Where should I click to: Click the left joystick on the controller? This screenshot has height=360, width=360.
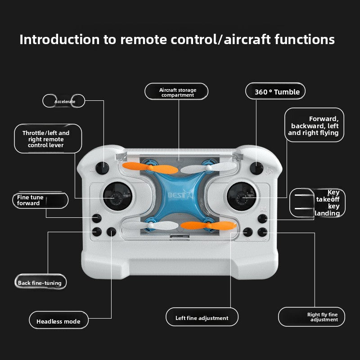click(x=117, y=196)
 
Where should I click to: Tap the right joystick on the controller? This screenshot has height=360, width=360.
click(x=242, y=196)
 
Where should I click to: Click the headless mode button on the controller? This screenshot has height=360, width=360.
click(x=111, y=232)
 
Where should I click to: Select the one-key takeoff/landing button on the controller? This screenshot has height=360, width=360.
click(x=262, y=219)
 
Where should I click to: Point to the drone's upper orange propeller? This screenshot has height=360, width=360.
click(x=150, y=168)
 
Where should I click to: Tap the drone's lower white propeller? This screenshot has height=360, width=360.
click(x=150, y=225)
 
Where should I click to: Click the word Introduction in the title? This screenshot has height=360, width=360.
click(x=60, y=40)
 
